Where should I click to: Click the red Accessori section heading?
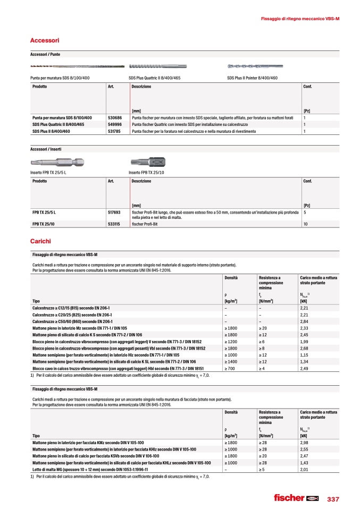pos(45,40)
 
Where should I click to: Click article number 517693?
pos(114,212)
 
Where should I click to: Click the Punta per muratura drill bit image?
pos(78,66)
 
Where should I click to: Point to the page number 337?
pos(333,498)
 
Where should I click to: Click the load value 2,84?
pos(305,321)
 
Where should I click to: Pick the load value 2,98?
pos(305,442)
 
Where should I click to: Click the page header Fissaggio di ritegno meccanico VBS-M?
pos(300,19)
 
